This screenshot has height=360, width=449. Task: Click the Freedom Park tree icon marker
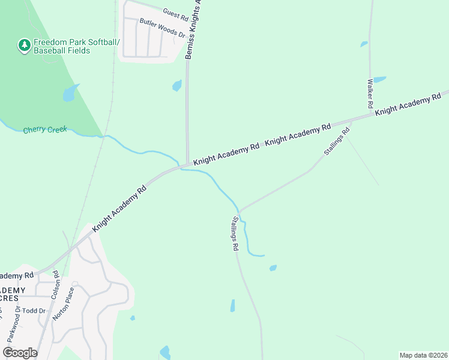(x=24, y=46)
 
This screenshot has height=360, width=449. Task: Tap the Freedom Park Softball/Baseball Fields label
(x=77, y=46)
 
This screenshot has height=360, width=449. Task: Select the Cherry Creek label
(x=45, y=130)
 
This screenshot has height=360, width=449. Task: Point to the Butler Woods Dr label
(x=162, y=28)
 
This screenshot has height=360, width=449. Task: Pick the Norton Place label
(x=63, y=303)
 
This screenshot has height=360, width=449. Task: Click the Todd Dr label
(x=34, y=311)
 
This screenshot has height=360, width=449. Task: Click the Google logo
(x=20, y=353)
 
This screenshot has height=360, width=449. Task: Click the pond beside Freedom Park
(x=71, y=92)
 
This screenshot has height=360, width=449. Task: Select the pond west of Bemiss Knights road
(x=176, y=86)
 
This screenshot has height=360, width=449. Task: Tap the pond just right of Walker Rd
(x=380, y=79)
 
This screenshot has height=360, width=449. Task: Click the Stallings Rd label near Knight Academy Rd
(x=337, y=142)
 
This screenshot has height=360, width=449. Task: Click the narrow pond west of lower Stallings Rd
(x=232, y=305)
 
